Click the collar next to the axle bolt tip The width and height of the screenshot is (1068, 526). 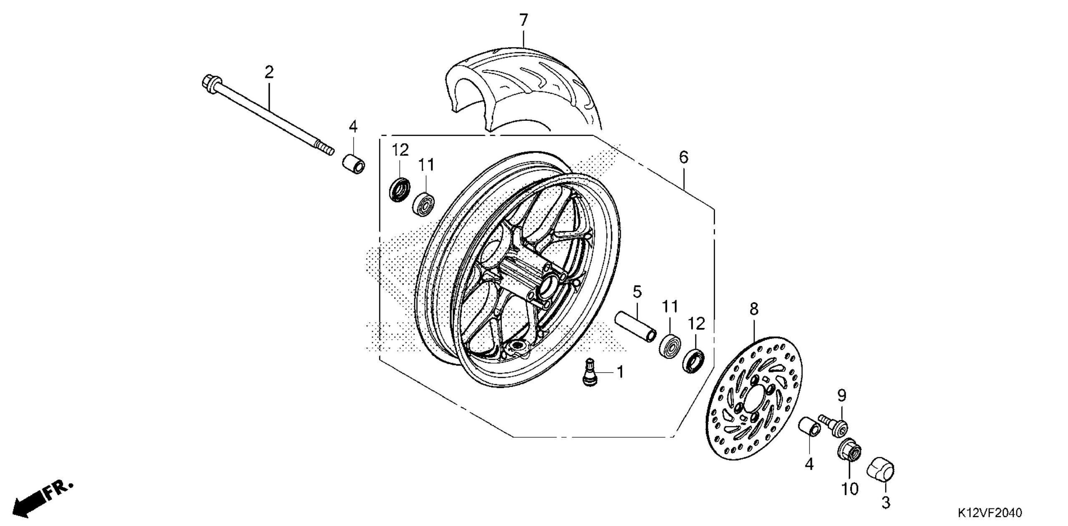coord(354,164)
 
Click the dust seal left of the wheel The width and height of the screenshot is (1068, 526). coord(400,189)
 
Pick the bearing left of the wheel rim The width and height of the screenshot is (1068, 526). coord(424,204)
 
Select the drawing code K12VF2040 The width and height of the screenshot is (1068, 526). coord(990,512)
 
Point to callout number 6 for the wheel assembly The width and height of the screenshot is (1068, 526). coord(683,157)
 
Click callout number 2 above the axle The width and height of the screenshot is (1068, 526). coord(269,73)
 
